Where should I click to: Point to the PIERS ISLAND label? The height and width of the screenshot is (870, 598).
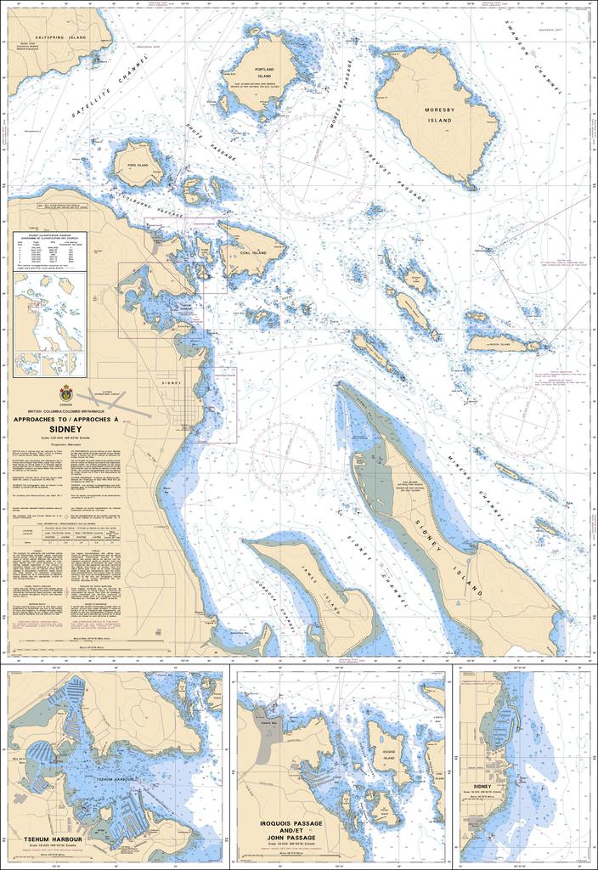pyautogui.click(x=138, y=165)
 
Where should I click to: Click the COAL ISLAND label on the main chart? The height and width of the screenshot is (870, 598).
pyautogui.click(x=254, y=252)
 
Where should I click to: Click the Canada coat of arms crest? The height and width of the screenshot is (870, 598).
pyautogui.click(x=66, y=393)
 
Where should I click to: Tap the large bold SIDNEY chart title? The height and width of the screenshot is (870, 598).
pyautogui.click(x=65, y=430)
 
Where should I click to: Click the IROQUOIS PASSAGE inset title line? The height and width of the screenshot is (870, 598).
pyautogui.click(x=291, y=823)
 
